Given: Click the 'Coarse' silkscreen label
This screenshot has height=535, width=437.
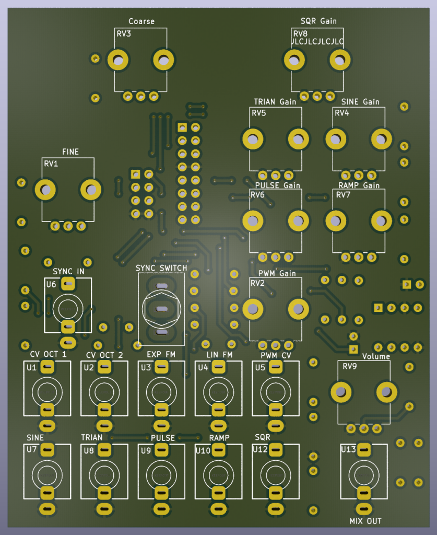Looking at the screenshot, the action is click(x=141, y=21).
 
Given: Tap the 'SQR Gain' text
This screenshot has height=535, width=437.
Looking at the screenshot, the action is click(x=318, y=21).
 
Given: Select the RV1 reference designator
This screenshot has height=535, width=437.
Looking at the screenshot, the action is click(x=51, y=164).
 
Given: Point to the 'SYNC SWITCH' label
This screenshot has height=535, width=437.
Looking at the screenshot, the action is click(x=161, y=268).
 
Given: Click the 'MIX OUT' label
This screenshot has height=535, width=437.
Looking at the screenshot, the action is click(x=365, y=521).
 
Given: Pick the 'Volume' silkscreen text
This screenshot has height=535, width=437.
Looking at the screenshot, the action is click(x=376, y=356).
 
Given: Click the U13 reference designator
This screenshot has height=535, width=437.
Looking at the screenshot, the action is click(x=348, y=449).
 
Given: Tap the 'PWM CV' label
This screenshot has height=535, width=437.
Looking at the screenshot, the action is click(x=276, y=355).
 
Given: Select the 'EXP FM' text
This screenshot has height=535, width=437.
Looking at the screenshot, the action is click(x=161, y=355).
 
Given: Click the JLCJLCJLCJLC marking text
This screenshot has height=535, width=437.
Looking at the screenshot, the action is click(x=317, y=41).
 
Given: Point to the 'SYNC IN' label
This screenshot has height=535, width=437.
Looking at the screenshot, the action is click(x=68, y=271).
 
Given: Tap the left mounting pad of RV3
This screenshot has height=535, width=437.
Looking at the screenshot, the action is click(x=118, y=61).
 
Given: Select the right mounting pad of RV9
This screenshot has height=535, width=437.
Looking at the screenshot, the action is click(x=386, y=392).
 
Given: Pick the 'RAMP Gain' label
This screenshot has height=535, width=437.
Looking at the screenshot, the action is click(x=359, y=185).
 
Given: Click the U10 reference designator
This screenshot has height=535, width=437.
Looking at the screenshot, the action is click(x=203, y=451).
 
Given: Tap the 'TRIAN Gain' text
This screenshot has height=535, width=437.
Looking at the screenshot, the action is click(x=275, y=102).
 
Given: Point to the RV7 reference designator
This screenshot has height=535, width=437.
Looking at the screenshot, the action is click(x=343, y=195).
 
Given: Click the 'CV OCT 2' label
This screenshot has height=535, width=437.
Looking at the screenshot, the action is click(x=104, y=355).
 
